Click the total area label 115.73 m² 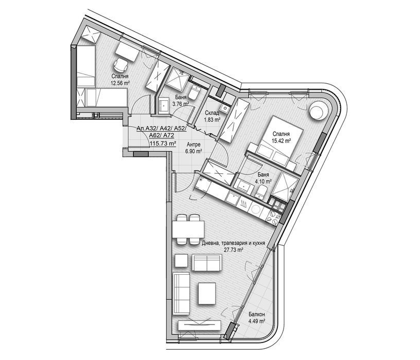point(163,143)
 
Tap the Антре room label point(194,145)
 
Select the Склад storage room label point(212,113)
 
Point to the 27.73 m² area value point(234,250)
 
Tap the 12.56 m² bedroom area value point(120,83)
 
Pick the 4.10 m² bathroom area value point(264,182)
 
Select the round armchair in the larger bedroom point(318,111)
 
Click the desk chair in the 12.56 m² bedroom point(120,65)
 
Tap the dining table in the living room point(188,229)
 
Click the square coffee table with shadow point(207,294)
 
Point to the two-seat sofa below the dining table point(207,263)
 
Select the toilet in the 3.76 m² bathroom point(194,93)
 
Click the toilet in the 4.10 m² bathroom point(260,192)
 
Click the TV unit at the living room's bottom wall point(200,325)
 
